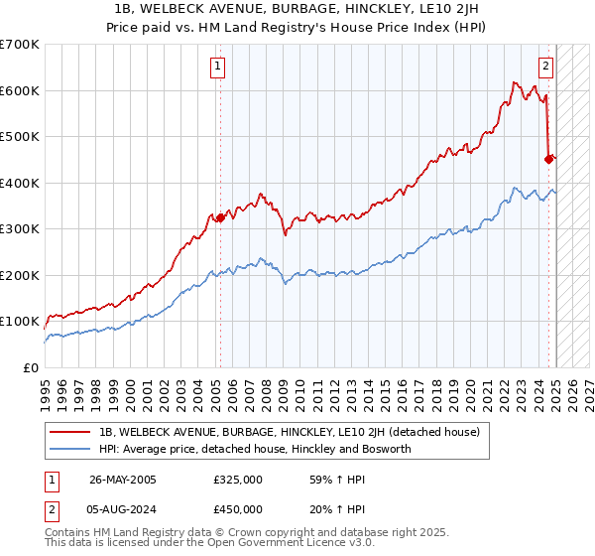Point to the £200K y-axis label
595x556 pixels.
pos(20,275)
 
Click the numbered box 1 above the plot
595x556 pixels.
pos(217,68)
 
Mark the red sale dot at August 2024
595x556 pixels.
pos(548,158)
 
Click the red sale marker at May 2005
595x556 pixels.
pos(220,217)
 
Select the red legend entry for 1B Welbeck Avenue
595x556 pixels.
pos(289,432)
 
